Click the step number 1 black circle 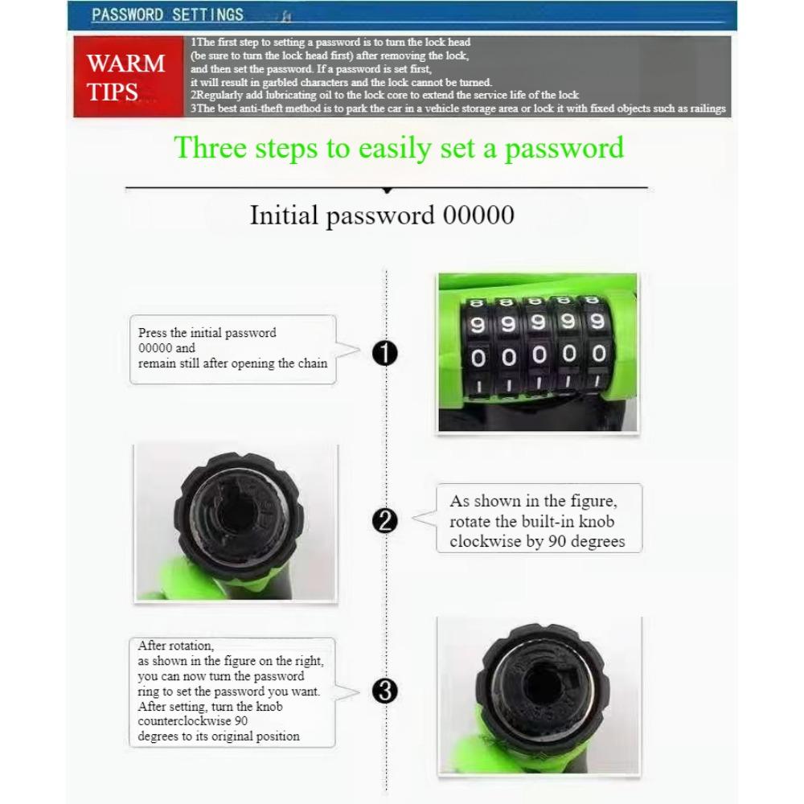coord(386,353)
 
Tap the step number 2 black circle coord(386,521)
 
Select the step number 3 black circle coord(386,691)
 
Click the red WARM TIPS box coord(126,77)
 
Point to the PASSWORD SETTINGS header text coord(167,14)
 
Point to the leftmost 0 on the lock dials coord(477,355)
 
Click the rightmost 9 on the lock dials coord(597,322)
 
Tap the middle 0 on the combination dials coord(537,355)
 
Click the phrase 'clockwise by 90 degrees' coord(537,541)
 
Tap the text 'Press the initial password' coord(207,333)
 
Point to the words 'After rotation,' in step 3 coord(175,646)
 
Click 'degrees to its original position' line coord(218,736)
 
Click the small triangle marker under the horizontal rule coord(387,191)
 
